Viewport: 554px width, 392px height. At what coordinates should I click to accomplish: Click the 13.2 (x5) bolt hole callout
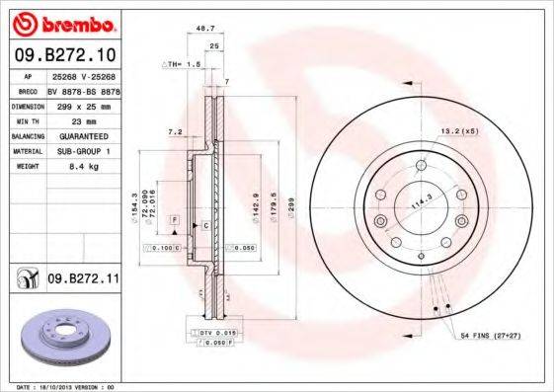pyautogui.click(x=459, y=128)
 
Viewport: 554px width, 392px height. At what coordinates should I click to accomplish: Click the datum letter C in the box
pyautogui.click(x=204, y=226)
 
